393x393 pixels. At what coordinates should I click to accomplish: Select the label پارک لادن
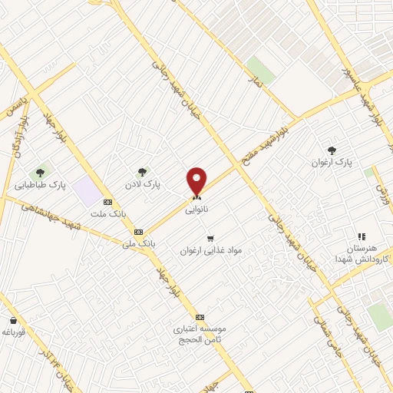pos(143,185)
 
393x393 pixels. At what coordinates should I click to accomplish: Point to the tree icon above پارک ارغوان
pos(332,150)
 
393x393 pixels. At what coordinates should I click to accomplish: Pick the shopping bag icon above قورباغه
pos(13,320)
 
